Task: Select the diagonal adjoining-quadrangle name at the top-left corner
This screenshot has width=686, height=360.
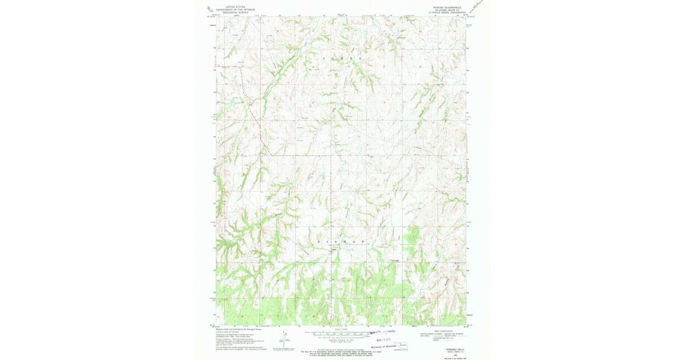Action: click(x=210, y=9)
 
